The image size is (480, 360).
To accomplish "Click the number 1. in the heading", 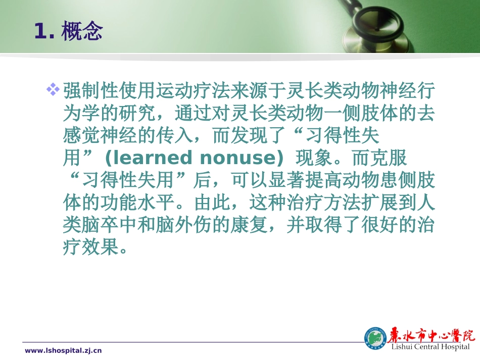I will pos(45,31).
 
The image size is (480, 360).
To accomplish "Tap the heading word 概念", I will pos(81,31).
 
